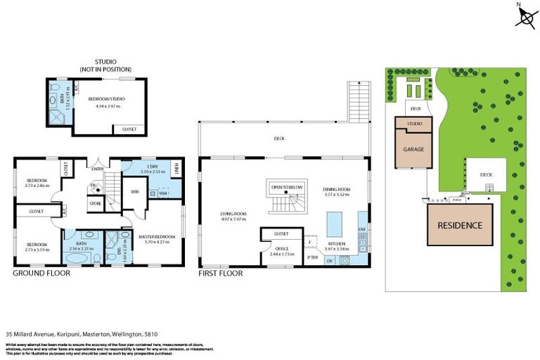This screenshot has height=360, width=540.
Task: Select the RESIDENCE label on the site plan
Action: pos(461,226)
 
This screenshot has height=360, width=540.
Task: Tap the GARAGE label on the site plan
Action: pos(413,150)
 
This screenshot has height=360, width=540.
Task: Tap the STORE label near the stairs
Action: pos(96,205)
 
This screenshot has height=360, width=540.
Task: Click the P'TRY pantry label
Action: pos(312,258)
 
